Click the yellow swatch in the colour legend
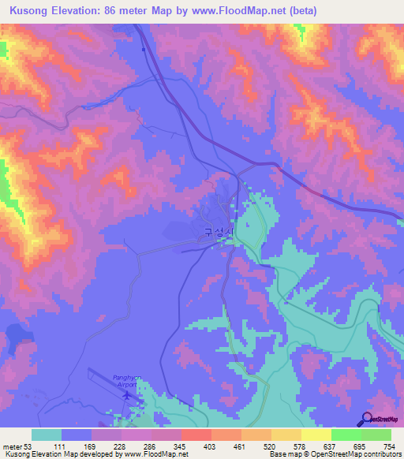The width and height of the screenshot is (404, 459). [316, 435]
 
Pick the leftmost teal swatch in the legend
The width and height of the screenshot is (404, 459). [47, 435]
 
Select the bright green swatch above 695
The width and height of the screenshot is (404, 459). [346, 435]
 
